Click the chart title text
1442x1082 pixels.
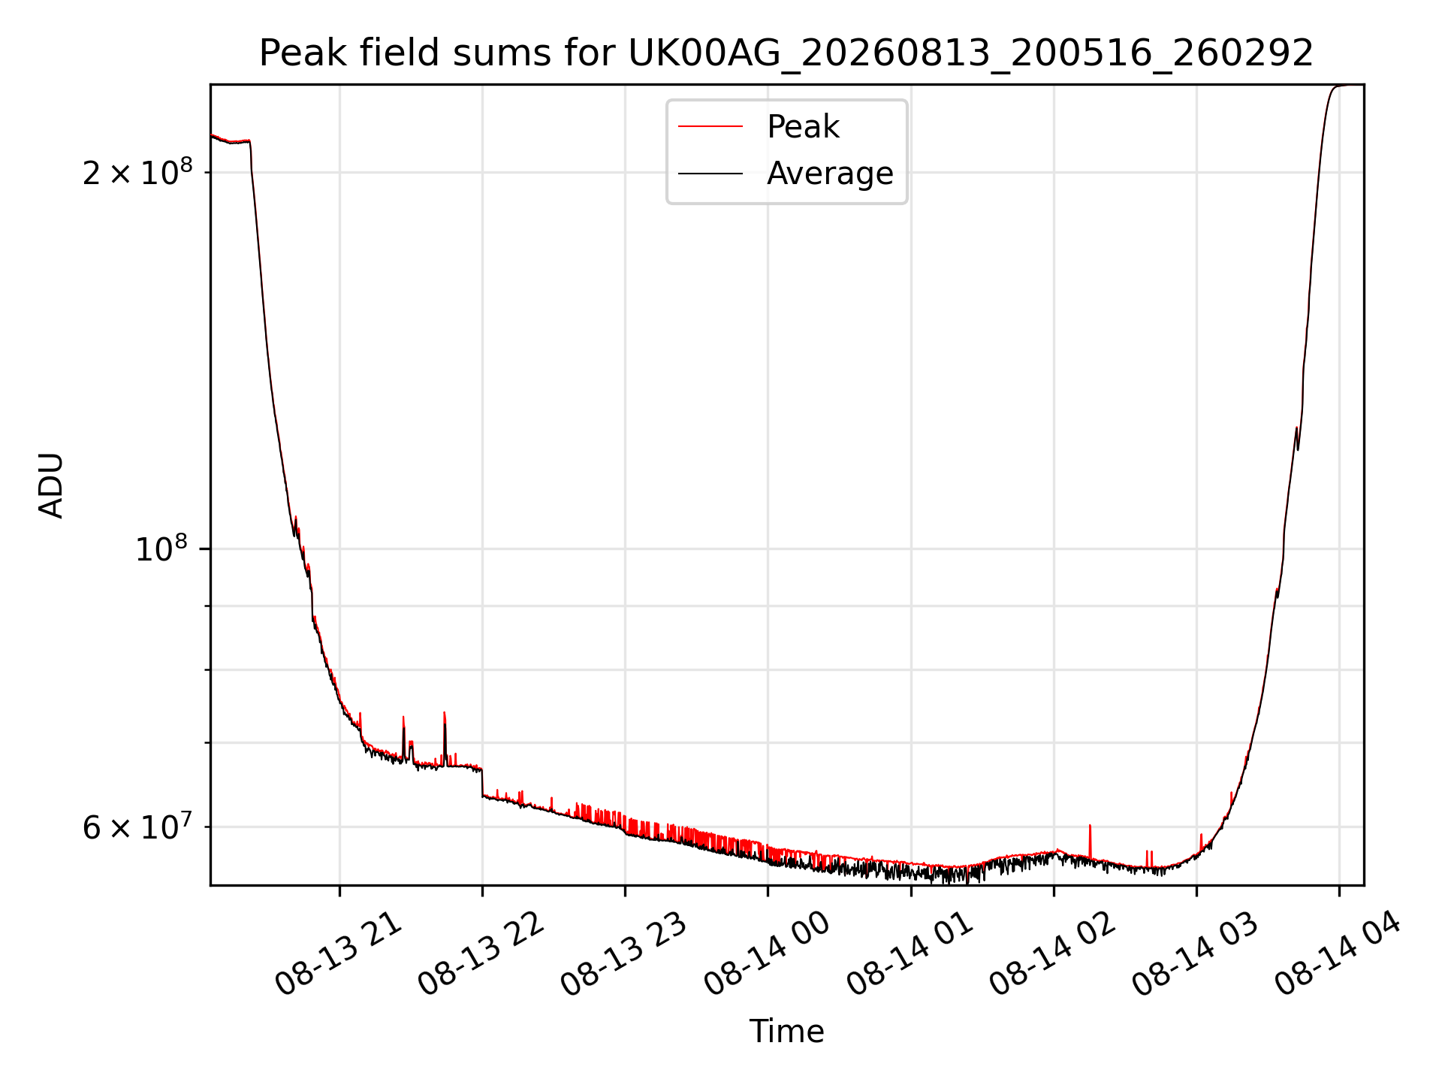click(x=786, y=53)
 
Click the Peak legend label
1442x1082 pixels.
click(x=803, y=127)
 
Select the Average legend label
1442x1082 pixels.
click(x=830, y=174)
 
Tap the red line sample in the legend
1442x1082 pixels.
click(x=710, y=127)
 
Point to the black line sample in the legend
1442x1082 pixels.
click(x=710, y=174)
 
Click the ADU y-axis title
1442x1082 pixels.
click(x=51, y=485)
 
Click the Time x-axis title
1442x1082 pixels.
click(x=786, y=1031)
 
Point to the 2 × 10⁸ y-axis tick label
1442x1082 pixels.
click(x=137, y=172)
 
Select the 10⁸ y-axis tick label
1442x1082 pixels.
click(x=164, y=549)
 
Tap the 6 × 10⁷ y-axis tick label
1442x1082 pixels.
click(x=137, y=827)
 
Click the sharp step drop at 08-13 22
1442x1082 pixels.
click(x=482, y=782)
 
